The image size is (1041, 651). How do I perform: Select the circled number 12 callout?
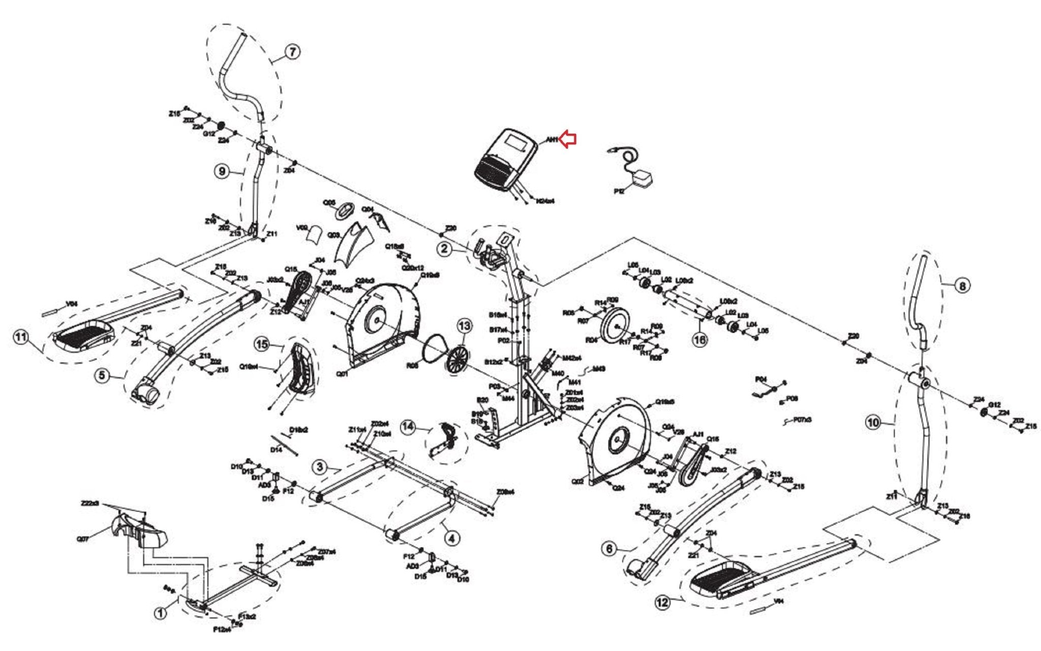[x=662, y=603]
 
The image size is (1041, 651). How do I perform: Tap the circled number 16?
[x=700, y=339]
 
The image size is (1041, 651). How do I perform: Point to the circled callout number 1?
[x=161, y=613]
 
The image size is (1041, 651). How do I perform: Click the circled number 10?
[x=873, y=422]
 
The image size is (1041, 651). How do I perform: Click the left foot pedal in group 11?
[x=84, y=334]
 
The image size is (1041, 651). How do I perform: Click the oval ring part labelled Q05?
[x=347, y=210]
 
